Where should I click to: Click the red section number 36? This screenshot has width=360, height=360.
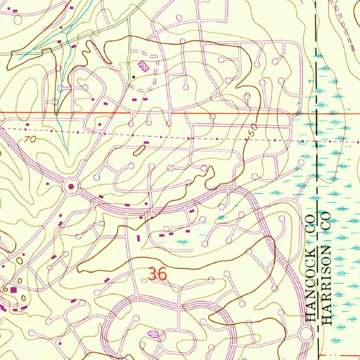point(157,274)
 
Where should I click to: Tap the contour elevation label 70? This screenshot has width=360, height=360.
point(30,140)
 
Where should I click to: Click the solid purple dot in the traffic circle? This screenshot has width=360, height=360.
point(71,186)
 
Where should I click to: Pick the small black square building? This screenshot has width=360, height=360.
point(133,76)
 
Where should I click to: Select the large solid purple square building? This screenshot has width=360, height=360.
point(13,290)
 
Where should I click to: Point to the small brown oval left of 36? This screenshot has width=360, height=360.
point(144,280)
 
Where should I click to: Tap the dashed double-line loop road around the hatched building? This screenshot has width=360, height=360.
point(155,76)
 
